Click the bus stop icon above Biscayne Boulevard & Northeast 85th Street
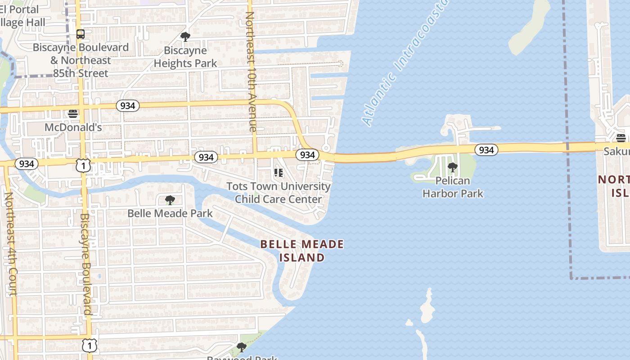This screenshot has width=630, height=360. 81,34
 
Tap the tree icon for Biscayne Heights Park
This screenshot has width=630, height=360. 185,37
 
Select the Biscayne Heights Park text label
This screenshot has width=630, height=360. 185,57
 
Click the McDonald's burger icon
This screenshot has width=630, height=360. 73,114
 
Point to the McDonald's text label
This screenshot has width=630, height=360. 73,127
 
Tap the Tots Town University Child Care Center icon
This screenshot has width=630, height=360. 278,173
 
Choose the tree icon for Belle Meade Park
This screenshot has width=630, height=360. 170,200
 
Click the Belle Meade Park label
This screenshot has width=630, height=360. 170,213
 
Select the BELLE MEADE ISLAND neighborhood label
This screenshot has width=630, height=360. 302,251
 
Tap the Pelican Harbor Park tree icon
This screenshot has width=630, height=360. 453,168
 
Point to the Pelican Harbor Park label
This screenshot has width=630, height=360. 453,187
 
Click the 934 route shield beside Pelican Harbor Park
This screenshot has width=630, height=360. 486,150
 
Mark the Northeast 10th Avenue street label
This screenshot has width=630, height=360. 251,72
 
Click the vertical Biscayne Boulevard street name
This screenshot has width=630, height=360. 85,265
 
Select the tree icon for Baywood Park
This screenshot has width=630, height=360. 242,347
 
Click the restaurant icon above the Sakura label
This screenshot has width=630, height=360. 621,138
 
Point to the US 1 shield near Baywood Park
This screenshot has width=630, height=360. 90,346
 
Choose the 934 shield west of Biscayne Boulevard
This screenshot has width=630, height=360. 27,164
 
